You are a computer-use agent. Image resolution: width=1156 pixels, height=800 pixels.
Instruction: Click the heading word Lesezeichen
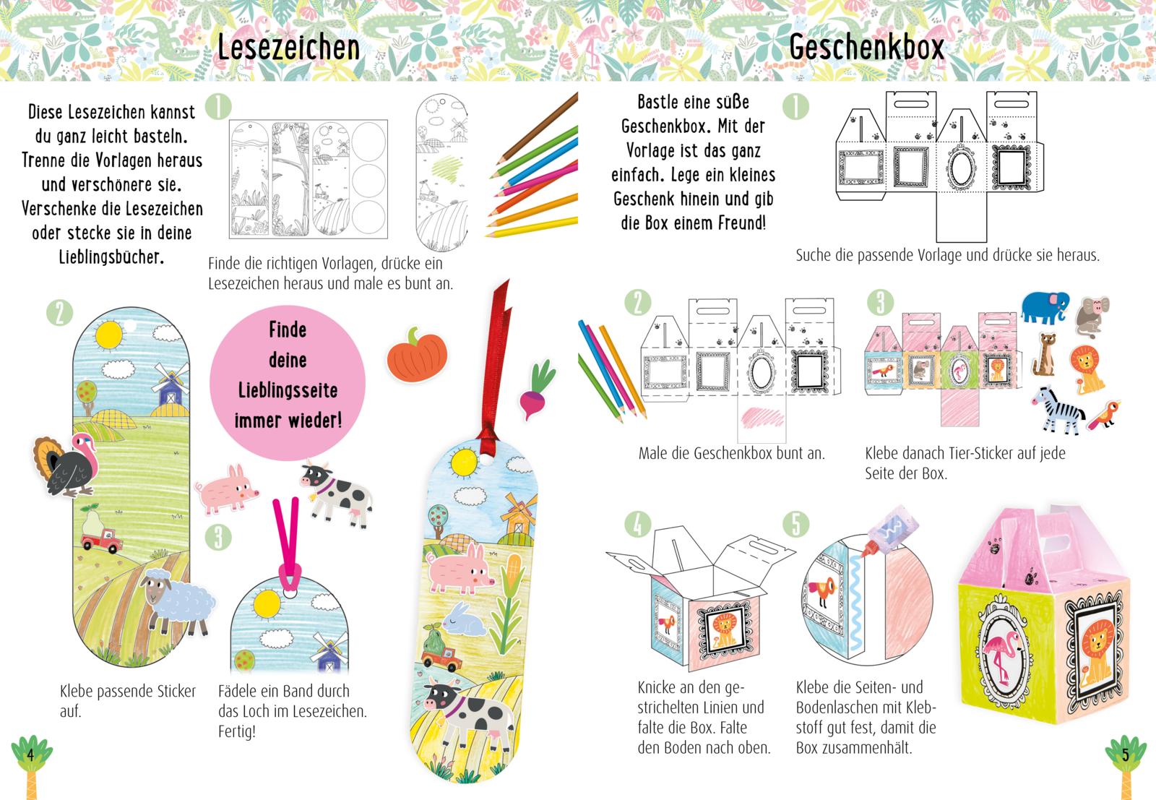[288, 48]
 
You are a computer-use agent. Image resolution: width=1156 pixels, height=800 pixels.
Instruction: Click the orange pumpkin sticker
[417, 355]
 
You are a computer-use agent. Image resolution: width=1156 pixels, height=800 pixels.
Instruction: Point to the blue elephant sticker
[1045, 307]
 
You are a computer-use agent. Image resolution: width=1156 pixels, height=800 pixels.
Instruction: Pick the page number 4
[30, 755]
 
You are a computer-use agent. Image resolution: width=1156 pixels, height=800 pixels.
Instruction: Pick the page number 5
[1126, 755]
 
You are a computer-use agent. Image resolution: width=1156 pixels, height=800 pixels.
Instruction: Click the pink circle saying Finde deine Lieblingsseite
[288, 382]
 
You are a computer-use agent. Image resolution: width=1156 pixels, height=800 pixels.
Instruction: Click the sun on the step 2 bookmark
[109, 334]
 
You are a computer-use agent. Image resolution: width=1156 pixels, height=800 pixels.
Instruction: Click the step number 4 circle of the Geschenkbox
[639, 525]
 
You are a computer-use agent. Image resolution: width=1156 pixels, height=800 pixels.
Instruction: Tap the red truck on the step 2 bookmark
[102, 540]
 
